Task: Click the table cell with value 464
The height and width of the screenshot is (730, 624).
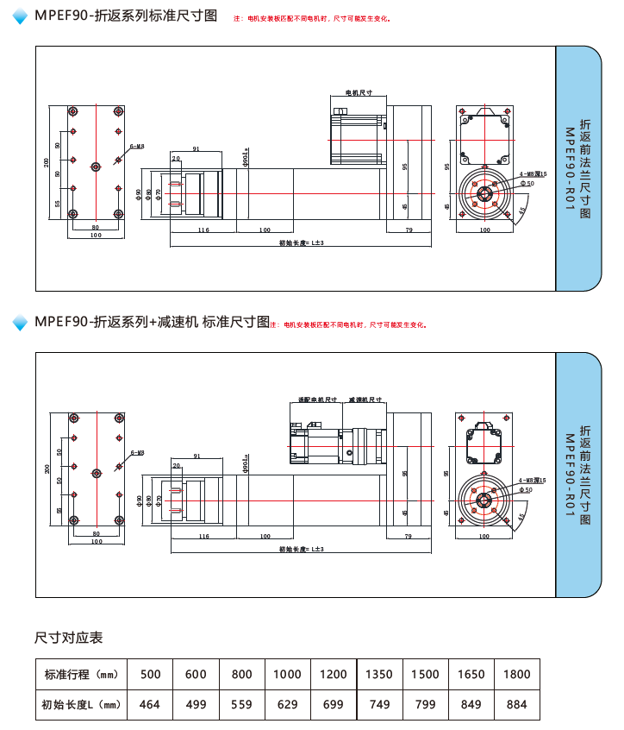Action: (x=150, y=704)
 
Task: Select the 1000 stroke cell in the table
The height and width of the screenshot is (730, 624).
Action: (x=288, y=674)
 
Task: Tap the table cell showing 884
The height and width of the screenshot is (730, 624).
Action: (x=516, y=704)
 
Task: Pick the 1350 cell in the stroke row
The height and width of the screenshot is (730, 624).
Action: (x=379, y=674)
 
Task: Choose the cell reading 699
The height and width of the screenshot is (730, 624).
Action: (x=333, y=704)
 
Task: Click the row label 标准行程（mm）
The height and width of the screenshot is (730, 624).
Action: (x=81, y=674)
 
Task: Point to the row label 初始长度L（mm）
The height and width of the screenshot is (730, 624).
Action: (x=81, y=704)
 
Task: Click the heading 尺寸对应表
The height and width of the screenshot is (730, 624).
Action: (x=69, y=638)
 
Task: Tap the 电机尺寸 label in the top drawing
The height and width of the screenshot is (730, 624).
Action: (x=358, y=92)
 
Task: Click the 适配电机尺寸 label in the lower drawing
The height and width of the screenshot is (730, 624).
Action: (x=316, y=400)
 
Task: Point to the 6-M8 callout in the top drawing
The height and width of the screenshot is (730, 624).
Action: (x=137, y=147)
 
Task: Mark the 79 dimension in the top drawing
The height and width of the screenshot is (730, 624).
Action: (x=409, y=230)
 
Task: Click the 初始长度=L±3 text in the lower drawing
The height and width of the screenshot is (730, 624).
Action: (x=301, y=549)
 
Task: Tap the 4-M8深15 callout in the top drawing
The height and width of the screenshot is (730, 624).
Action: (x=533, y=174)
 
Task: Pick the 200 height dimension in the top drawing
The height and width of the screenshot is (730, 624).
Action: (x=47, y=163)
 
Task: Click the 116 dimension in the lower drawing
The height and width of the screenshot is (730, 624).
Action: (x=203, y=536)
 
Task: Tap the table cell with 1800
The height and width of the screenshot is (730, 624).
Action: (x=516, y=674)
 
